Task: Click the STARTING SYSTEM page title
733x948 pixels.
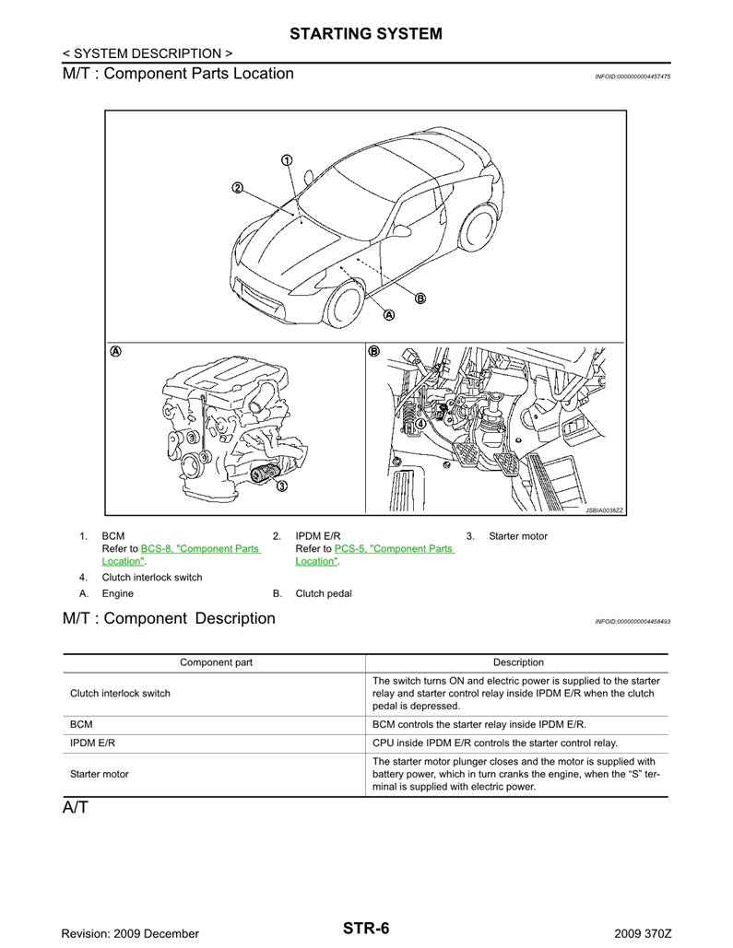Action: tap(366, 34)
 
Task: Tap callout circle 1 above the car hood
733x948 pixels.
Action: tap(287, 160)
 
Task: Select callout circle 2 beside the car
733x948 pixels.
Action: tap(237, 188)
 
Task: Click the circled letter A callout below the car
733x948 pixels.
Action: tap(388, 314)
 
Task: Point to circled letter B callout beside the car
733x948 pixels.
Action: tap(420, 298)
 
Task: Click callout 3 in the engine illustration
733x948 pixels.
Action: tap(281, 486)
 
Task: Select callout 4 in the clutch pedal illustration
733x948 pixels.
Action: tap(420, 425)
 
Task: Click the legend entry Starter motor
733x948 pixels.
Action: tap(517, 536)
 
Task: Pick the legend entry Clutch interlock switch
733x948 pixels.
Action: tap(151, 578)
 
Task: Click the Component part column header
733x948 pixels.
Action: tap(216, 662)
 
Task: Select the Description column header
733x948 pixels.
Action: tap(518, 662)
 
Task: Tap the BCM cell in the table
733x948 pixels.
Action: tap(81, 725)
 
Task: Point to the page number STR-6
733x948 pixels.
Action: tap(366, 928)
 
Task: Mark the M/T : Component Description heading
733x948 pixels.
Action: tap(169, 618)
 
